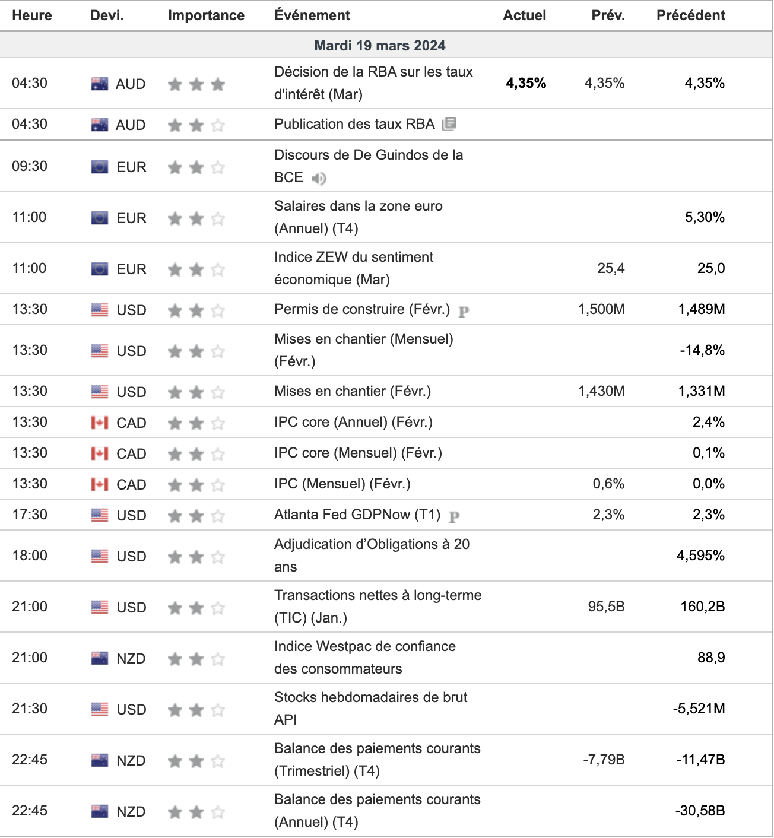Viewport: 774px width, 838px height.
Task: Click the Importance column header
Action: click(206, 15)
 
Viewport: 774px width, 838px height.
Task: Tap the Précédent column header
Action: click(690, 15)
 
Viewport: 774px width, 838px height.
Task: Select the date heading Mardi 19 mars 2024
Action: click(380, 45)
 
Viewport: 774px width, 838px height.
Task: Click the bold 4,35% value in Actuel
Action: click(526, 83)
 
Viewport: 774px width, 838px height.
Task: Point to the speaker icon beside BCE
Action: click(319, 179)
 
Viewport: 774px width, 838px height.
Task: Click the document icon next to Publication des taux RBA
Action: click(449, 124)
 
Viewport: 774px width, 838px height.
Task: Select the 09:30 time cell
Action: click(30, 166)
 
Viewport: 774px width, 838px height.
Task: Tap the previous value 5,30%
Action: click(705, 217)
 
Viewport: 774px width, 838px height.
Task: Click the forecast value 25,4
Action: click(611, 268)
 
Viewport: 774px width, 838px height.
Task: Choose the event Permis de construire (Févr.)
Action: click(362, 309)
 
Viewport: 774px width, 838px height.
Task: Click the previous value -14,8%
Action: click(702, 350)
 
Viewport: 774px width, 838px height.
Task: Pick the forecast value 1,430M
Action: click(601, 391)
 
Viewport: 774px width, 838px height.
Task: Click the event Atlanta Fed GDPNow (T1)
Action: click(357, 515)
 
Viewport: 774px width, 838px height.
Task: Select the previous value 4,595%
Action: click(700, 556)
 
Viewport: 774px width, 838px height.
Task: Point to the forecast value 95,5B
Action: click(606, 607)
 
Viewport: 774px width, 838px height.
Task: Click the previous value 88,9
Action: click(711, 658)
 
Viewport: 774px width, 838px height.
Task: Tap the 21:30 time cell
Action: click(30, 709)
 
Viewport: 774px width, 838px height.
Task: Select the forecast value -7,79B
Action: click(604, 760)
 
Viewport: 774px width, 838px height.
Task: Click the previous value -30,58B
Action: click(700, 811)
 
